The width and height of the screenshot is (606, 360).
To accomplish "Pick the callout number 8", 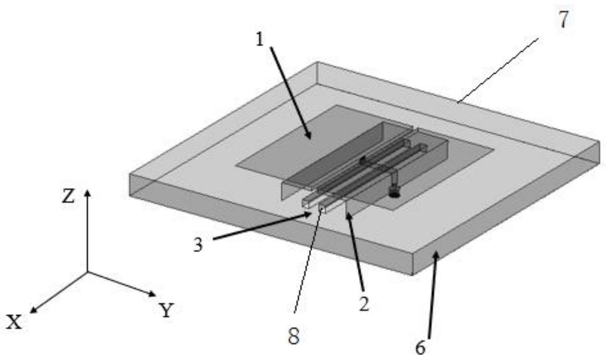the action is coord(294,337).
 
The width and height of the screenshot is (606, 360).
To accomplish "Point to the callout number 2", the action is coord(364,304).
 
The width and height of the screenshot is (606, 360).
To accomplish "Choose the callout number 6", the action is coord(420,348).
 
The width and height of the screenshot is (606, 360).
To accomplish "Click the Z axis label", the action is coord(68,196).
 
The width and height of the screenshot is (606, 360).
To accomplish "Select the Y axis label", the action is coord(166,310).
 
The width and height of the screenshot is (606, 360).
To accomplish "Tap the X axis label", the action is coord(14,322).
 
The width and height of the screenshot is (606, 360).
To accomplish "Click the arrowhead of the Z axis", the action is coord(87,192).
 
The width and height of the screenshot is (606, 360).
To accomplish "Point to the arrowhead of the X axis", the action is coord(33,311).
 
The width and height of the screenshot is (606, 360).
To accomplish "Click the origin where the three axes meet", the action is coord(87,272).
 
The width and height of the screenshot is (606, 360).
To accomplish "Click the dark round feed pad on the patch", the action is coord(395,194).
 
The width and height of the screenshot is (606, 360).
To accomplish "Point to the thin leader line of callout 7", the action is coord(497,71).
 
